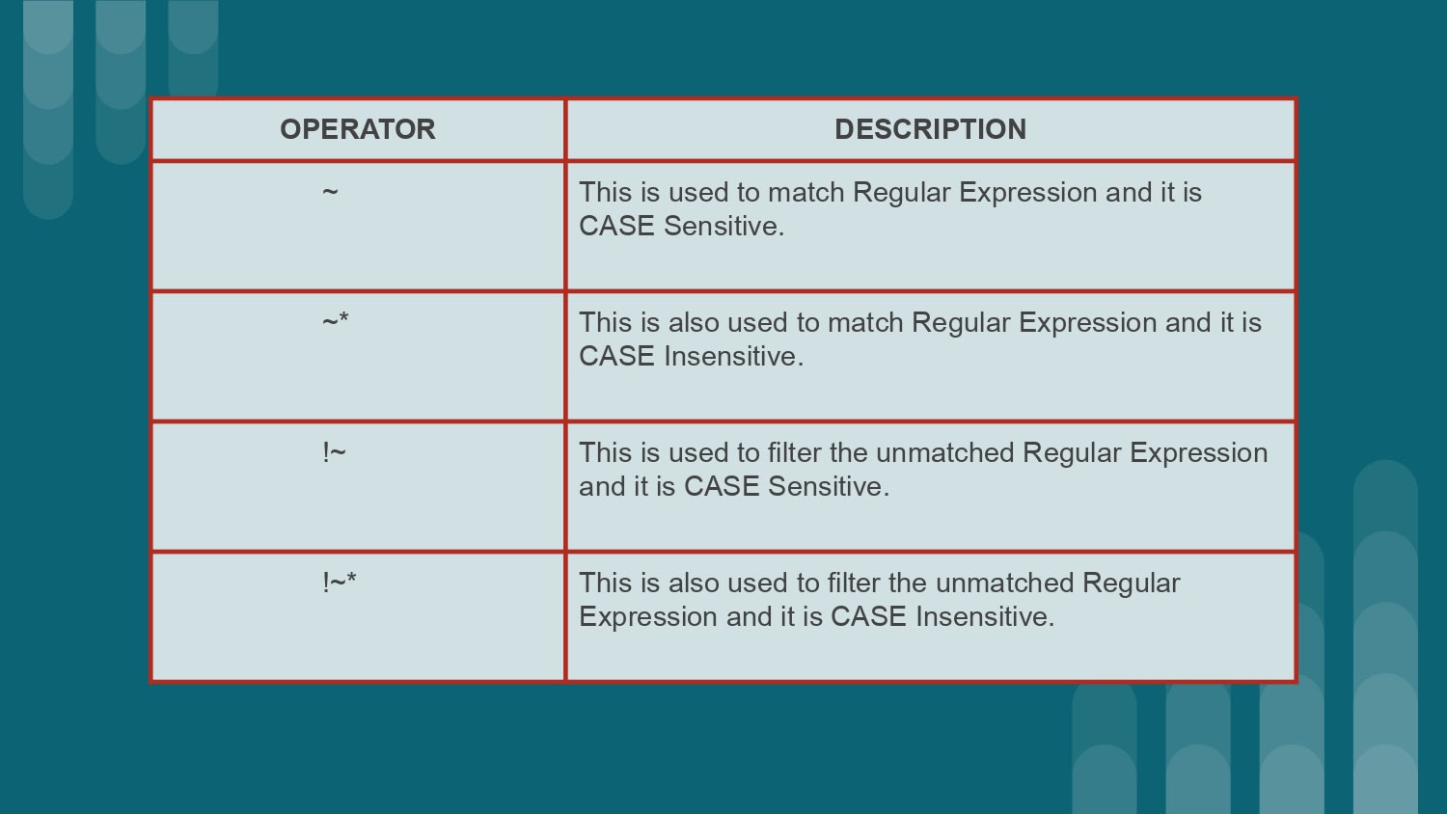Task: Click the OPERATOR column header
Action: click(x=357, y=129)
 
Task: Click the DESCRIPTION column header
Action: click(x=930, y=129)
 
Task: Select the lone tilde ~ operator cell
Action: click(x=330, y=192)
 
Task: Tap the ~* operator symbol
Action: click(x=336, y=321)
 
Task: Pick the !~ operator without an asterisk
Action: click(x=334, y=451)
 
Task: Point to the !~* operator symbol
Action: click(x=340, y=582)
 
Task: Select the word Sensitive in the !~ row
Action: click(x=828, y=486)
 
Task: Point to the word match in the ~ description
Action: click(x=806, y=192)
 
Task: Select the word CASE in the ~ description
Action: click(x=616, y=226)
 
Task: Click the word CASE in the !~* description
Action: click(x=868, y=616)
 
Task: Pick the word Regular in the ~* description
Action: click(x=961, y=322)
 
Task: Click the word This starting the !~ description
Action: click(x=605, y=452)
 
